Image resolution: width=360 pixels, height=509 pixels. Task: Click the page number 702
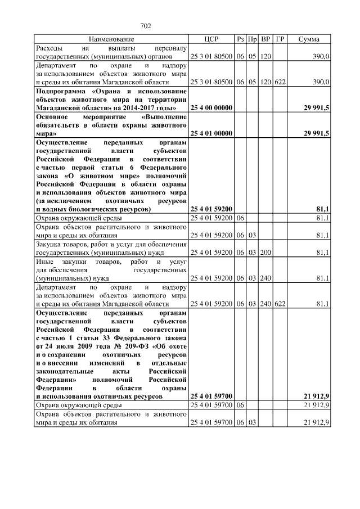tap(146, 26)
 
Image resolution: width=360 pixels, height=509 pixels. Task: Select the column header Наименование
tap(111, 39)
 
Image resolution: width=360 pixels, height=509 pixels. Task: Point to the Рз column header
tap(240, 39)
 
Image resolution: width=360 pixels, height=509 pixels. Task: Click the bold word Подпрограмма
tap(61, 91)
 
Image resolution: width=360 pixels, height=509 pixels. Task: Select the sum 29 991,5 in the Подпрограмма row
tap(316, 107)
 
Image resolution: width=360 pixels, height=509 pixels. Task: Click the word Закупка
tap(49, 244)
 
